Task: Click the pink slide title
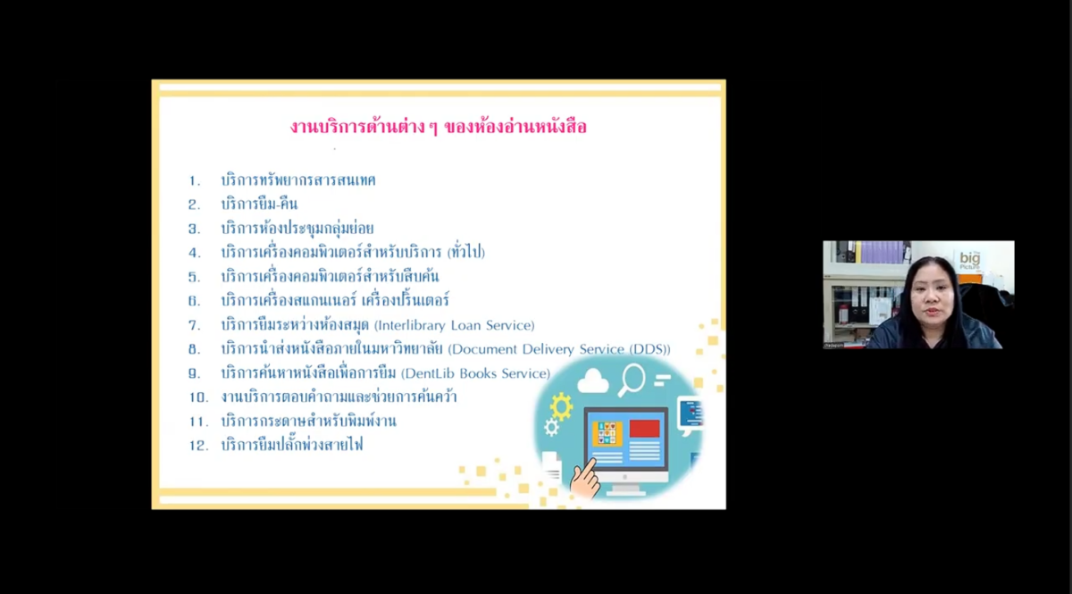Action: (x=438, y=128)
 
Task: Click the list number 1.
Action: (x=195, y=181)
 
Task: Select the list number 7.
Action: (x=195, y=325)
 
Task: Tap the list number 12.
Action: (x=198, y=446)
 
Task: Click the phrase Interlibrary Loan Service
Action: (x=455, y=325)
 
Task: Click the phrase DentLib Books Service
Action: (x=475, y=373)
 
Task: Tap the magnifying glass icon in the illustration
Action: (x=631, y=380)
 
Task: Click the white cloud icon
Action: (x=593, y=381)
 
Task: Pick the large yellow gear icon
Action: (x=561, y=406)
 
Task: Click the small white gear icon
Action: (x=551, y=427)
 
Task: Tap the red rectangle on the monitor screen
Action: (x=644, y=429)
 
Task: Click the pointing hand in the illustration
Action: (x=584, y=479)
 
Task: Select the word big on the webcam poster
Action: (x=970, y=258)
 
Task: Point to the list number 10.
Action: (x=198, y=397)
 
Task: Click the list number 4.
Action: (x=195, y=253)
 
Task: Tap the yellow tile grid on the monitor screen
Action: (x=607, y=433)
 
